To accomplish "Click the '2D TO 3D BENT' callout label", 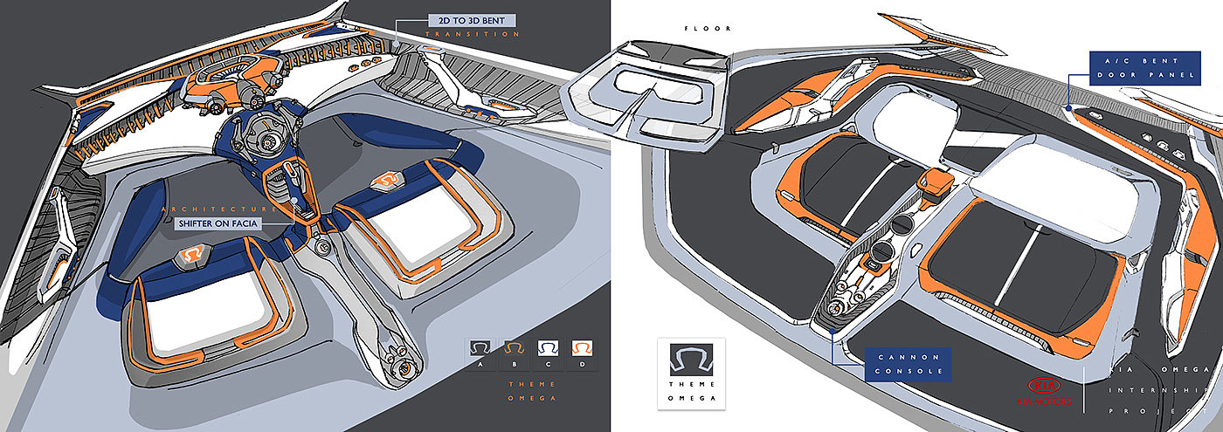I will pyautogui.click(x=473, y=19).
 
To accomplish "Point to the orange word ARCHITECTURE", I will pyautogui.click(x=219, y=209).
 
